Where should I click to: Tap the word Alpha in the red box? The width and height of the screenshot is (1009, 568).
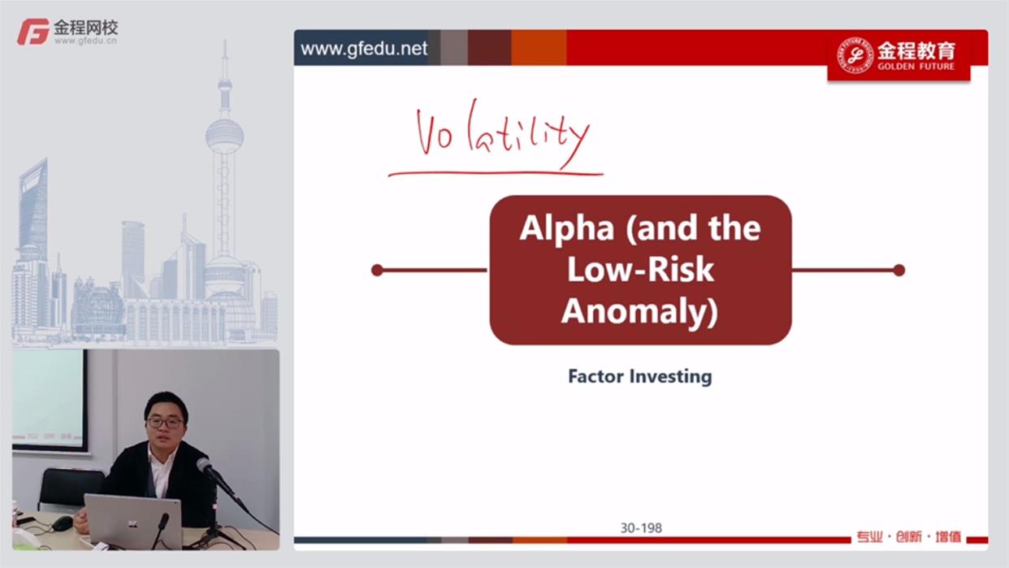pyautogui.click(x=567, y=229)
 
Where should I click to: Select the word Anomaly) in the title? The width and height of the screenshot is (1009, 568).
pyautogui.click(x=639, y=310)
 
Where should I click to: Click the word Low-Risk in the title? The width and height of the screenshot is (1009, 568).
pyautogui.click(x=640, y=269)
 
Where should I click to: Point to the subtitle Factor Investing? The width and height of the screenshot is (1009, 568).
pyautogui.click(x=640, y=376)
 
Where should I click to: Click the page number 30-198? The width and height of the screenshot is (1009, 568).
pyautogui.click(x=641, y=528)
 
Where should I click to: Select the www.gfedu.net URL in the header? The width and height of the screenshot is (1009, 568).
pyautogui.click(x=364, y=49)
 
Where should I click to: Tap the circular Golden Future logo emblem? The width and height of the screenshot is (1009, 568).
pyautogui.click(x=855, y=56)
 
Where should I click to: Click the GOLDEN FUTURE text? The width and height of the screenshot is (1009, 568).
pyautogui.click(x=916, y=67)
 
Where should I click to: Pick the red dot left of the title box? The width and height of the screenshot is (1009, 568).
pyautogui.click(x=377, y=271)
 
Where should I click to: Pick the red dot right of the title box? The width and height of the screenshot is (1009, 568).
pyautogui.click(x=899, y=271)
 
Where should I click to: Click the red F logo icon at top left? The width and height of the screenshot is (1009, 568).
pyautogui.click(x=32, y=32)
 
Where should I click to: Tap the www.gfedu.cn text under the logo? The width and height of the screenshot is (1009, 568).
pyautogui.click(x=85, y=41)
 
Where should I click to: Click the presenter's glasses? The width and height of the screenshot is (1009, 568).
pyautogui.click(x=165, y=423)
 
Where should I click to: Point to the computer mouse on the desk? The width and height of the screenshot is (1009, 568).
pyautogui.click(x=63, y=523)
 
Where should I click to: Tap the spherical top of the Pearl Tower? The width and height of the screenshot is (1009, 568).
pyautogui.click(x=224, y=136)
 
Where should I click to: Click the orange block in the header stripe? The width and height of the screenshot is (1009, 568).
pyautogui.click(x=539, y=48)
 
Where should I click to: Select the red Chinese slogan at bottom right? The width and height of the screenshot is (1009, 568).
pyautogui.click(x=909, y=537)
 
